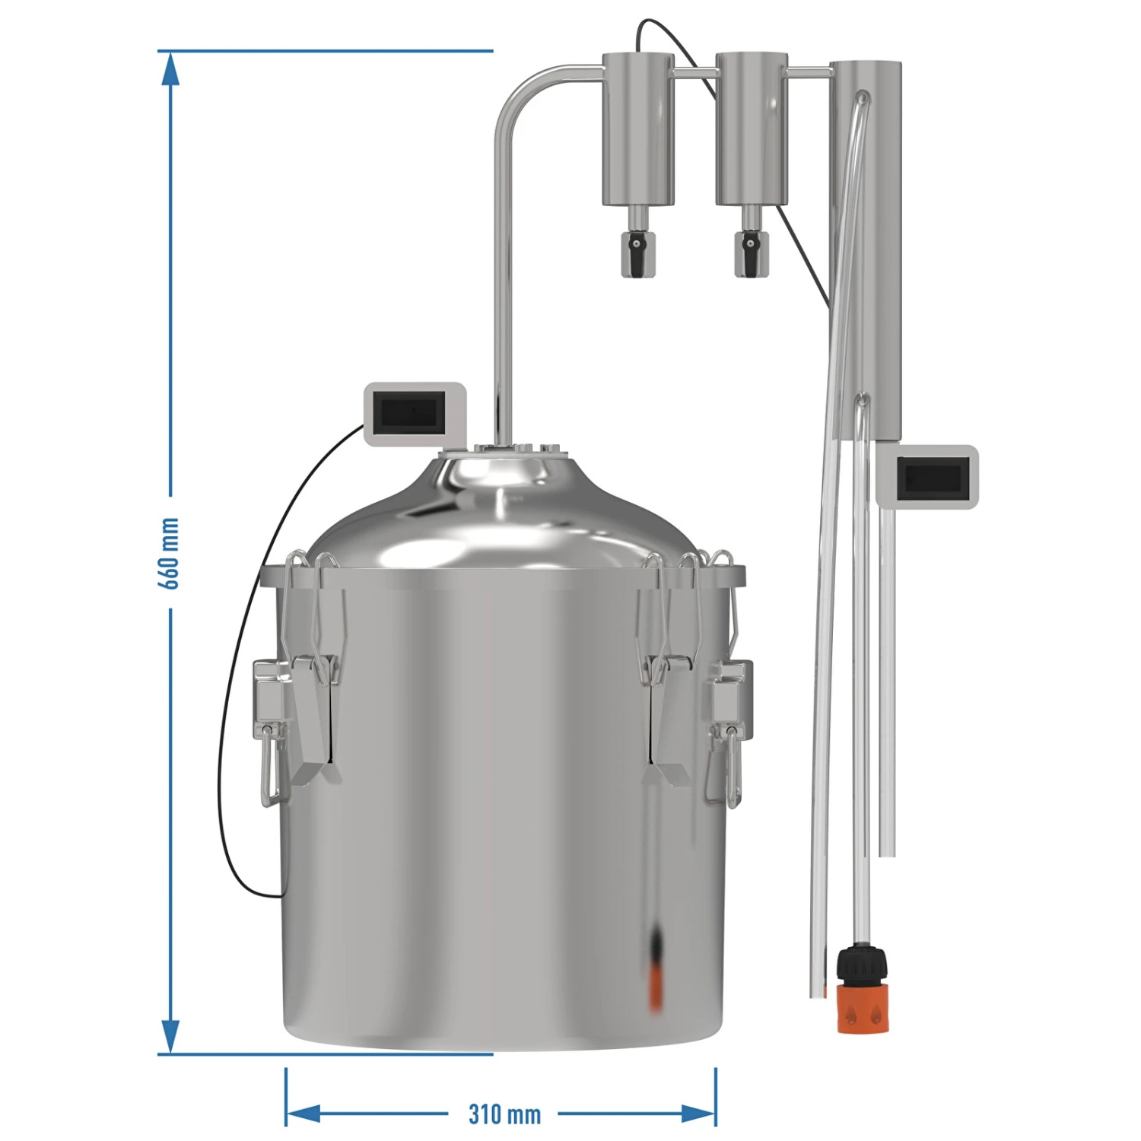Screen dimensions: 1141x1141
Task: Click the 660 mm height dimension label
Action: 169,553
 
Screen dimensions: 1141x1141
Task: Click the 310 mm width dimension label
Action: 504,1114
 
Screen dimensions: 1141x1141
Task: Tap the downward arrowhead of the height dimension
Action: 170,1035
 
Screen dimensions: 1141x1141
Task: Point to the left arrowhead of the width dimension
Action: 304,1114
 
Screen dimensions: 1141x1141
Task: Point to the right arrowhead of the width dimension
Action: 698,1114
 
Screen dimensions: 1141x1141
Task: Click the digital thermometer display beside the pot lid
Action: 415,413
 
